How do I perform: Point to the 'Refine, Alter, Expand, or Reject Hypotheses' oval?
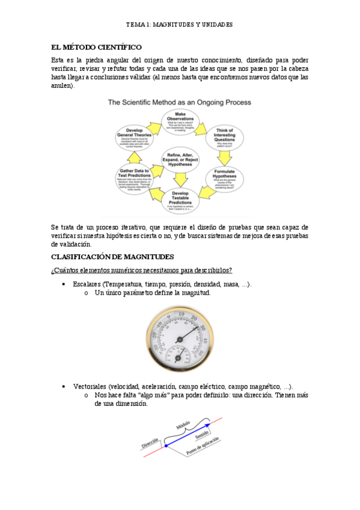coord(180,161)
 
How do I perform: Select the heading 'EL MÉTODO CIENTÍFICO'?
coord(96,46)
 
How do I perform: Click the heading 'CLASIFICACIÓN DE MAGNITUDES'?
coord(112,257)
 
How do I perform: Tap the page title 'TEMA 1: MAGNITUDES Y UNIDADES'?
coord(179,25)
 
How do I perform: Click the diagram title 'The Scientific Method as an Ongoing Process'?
coord(179,103)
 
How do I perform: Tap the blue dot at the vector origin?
coord(166,446)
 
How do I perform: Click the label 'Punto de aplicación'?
coord(203,446)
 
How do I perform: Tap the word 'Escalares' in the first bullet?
coord(86,284)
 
